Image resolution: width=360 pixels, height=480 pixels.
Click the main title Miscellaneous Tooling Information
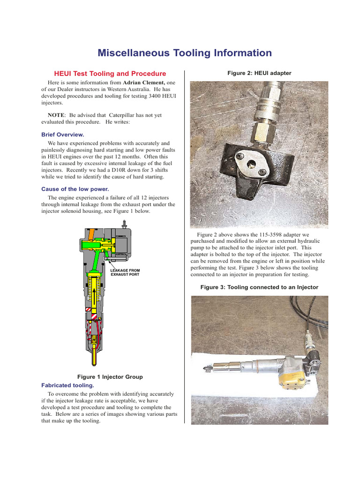[x=184, y=53]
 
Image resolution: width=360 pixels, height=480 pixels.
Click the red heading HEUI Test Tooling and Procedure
[x=110, y=74]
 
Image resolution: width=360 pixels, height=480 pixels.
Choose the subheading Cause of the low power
[x=75, y=189]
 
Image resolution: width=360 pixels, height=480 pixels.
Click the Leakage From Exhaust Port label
[x=125, y=272]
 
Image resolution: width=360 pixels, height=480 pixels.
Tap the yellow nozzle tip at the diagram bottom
[x=95, y=356]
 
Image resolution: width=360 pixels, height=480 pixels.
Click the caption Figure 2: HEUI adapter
[x=259, y=73]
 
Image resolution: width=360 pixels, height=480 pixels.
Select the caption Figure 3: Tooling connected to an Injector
[x=259, y=287]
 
